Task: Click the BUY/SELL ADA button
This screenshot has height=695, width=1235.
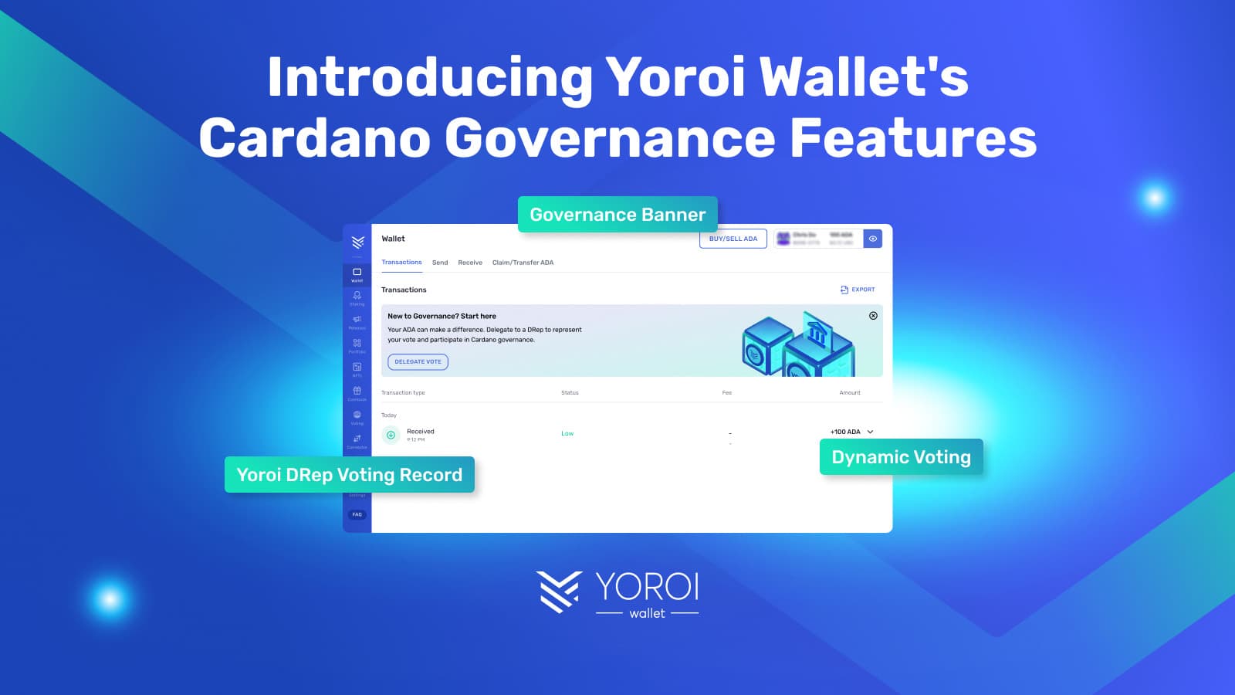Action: click(x=733, y=239)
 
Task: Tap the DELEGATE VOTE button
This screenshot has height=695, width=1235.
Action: click(x=418, y=361)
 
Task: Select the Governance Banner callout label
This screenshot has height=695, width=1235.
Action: click(x=617, y=215)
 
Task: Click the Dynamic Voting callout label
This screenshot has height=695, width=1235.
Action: click(x=901, y=457)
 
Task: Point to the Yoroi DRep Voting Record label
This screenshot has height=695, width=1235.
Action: click(x=349, y=475)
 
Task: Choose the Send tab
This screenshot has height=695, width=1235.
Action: click(x=440, y=263)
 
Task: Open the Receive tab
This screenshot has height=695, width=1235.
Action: click(x=470, y=263)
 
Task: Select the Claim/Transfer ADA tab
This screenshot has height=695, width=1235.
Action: click(x=523, y=263)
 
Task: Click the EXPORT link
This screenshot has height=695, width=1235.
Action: click(x=858, y=290)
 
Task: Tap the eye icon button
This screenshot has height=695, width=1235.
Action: click(x=872, y=239)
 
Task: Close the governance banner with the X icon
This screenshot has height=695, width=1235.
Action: click(x=873, y=316)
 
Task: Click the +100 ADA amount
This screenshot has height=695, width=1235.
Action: click(x=845, y=432)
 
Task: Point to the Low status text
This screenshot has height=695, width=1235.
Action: click(x=567, y=434)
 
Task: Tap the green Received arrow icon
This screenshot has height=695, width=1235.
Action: click(x=391, y=435)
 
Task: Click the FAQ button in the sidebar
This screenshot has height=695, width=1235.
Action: click(x=357, y=514)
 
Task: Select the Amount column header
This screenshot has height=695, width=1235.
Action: click(x=850, y=393)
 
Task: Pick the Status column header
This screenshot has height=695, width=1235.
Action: click(x=570, y=393)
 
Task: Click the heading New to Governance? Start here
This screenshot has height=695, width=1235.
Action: click(x=442, y=316)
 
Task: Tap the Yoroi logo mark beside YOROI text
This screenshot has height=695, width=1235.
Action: click(x=558, y=592)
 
